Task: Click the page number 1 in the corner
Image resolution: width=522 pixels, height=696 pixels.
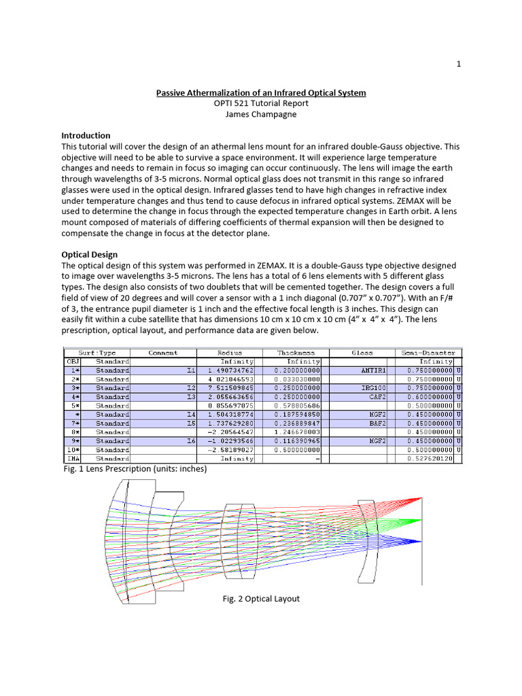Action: coord(459,64)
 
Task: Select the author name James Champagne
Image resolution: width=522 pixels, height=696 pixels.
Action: coord(262,114)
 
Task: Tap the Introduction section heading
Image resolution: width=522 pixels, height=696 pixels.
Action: coord(86,135)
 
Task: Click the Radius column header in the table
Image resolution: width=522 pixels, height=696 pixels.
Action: coord(229,353)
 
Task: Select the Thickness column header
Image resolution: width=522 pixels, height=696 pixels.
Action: coord(296,353)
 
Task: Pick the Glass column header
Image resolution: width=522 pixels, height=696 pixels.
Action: coord(362,353)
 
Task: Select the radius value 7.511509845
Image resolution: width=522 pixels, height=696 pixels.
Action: coord(230,387)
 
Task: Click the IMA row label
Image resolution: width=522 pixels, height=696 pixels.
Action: coord(71,458)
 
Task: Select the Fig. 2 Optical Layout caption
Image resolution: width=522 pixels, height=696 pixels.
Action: coord(260,598)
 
